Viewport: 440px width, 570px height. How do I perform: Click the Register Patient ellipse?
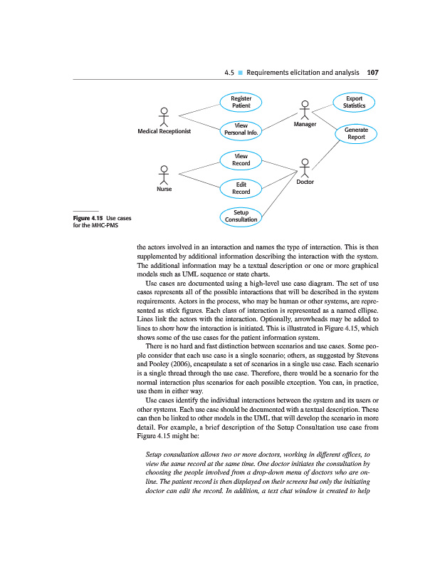241,102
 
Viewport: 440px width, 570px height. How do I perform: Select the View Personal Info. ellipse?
241,130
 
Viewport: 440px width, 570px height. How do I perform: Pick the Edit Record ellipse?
241,188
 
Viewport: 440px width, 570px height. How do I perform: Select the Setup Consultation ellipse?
241,216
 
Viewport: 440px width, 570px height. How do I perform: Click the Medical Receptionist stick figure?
164,118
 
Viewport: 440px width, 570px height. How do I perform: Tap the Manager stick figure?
304,110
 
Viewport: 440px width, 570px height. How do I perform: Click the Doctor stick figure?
305,167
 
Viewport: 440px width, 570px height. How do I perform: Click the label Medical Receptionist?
164,132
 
